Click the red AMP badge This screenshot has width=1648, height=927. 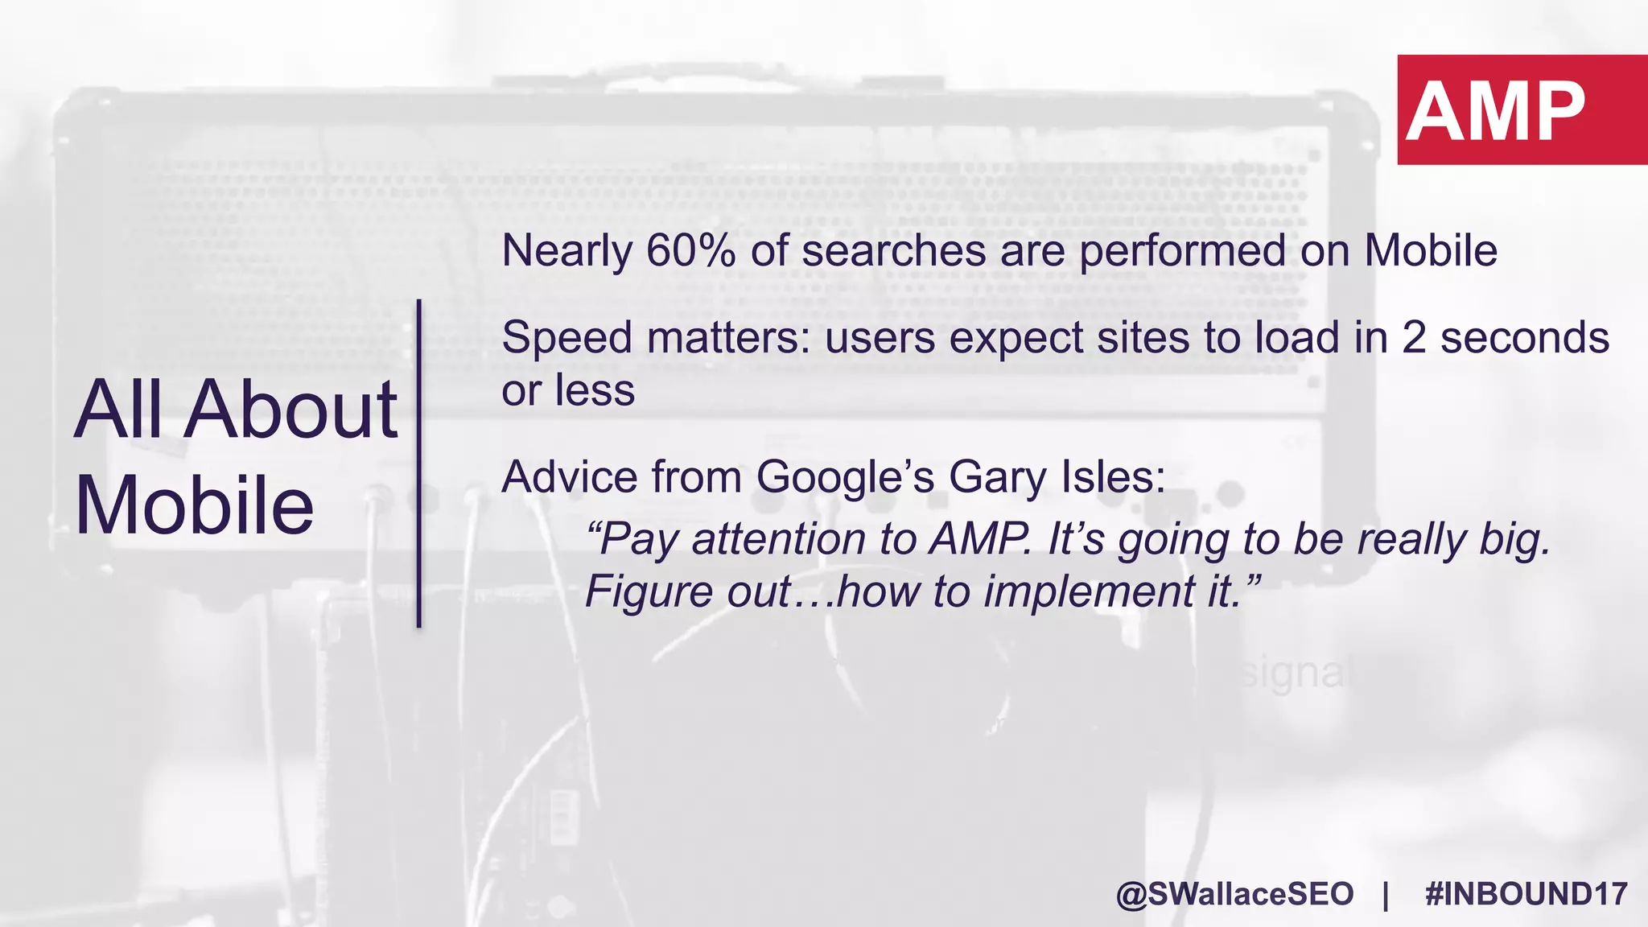click(1521, 109)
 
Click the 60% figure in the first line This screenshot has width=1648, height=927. click(690, 250)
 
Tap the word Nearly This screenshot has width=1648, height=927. click(566, 252)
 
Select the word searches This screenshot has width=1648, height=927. click(893, 250)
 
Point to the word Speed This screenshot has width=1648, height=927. click(566, 338)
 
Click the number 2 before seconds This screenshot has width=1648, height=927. click(1414, 337)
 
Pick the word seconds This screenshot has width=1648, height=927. click(1524, 337)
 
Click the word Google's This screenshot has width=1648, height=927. click(845, 477)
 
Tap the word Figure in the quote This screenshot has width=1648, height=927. click(649, 591)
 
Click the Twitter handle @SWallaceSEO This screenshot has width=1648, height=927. click(1234, 894)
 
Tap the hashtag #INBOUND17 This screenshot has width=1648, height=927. click(1526, 894)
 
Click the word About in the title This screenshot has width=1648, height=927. click(290, 410)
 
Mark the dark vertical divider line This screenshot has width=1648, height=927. click(419, 463)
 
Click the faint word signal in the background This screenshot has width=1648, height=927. click(1292, 673)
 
